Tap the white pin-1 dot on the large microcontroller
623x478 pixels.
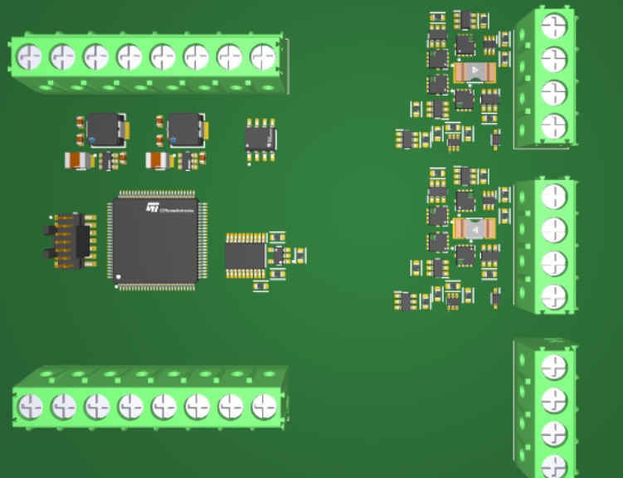click(118, 276)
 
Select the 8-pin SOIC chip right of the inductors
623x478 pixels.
click(260, 134)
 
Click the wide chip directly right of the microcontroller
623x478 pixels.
click(245, 255)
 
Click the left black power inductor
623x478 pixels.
click(104, 128)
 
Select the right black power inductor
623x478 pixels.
click(184, 128)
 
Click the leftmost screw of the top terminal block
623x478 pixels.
click(29, 57)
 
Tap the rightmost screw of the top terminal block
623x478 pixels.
click(262, 57)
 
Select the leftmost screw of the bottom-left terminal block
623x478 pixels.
click(30, 407)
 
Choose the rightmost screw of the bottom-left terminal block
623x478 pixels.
click(264, 407)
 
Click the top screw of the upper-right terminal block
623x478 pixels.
click(553, 25)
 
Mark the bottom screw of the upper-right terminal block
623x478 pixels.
click(553, 126)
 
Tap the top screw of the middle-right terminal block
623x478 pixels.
click(553, 196)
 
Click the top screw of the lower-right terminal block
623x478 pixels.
click(553, 365)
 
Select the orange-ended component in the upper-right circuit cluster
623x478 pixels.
click(475, 72)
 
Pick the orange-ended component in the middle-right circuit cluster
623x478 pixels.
click(475, 227)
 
